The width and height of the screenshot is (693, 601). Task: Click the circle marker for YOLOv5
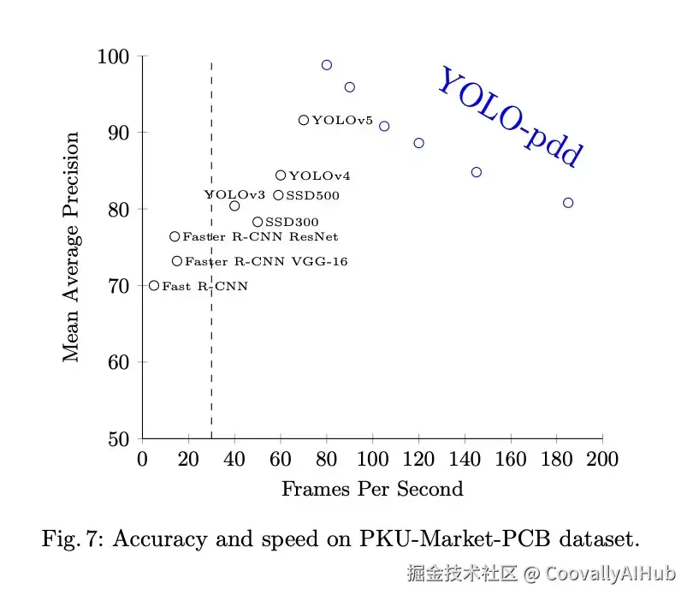[304, 120]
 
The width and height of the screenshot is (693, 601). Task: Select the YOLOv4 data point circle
[281, 176]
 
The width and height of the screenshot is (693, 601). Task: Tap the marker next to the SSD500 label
[278, 195]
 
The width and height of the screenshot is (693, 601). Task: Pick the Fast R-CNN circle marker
[154, 285]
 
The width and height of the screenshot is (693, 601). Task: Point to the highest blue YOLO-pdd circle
[326, 65]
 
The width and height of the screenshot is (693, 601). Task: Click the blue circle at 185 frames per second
[568, 203]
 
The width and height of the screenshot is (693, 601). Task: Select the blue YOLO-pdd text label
[510, 117]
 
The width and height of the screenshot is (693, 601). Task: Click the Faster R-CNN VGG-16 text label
[266, 262]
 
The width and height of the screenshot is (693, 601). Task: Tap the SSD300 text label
[292, 223]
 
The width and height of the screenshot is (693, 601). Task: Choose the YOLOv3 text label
[234, 195]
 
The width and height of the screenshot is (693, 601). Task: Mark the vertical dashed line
[211, 342]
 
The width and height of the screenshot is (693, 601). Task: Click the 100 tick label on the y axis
[115, 57]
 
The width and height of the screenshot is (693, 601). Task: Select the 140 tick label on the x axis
[465, 459]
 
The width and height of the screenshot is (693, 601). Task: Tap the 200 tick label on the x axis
[602, 459]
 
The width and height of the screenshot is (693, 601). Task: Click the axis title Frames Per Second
[372, 490]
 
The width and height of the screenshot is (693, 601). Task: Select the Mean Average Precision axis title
[72, 247]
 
